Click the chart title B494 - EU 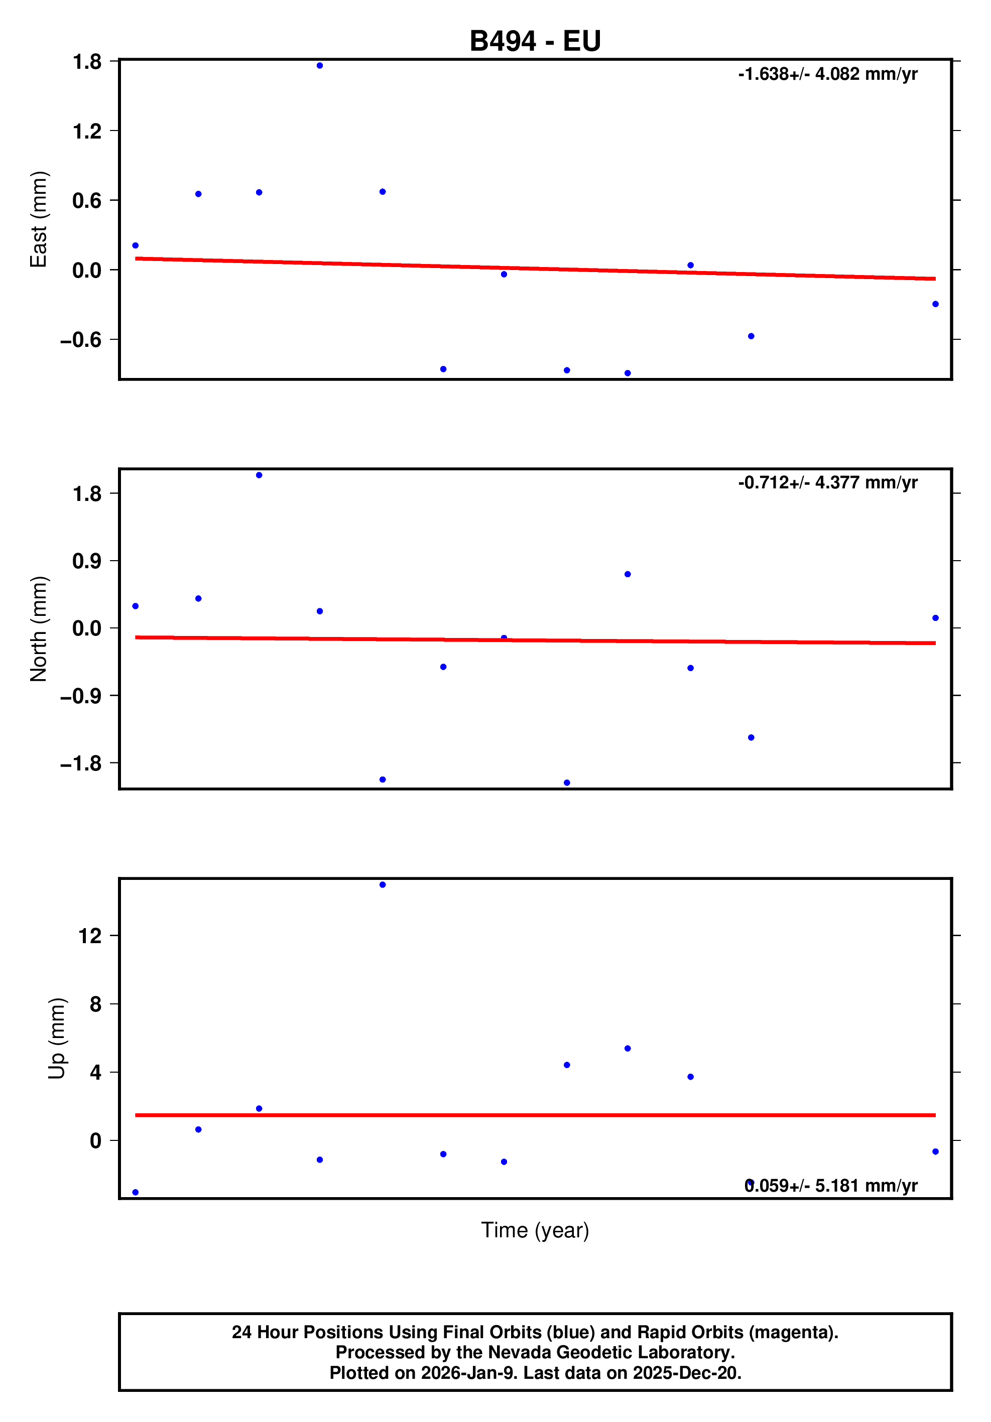535,41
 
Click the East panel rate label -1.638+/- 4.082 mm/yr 827,74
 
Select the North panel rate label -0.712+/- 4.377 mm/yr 827,482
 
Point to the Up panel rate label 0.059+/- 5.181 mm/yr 830,1186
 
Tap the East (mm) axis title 38,219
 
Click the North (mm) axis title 38,628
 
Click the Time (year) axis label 535,1230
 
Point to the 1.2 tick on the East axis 87,132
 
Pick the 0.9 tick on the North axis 87,561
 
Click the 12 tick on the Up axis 90,936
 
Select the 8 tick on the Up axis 95,1004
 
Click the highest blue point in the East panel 320,66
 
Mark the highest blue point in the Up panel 382,885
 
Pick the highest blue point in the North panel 259,475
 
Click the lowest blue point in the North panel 567,783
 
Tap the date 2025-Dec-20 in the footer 686,1373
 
